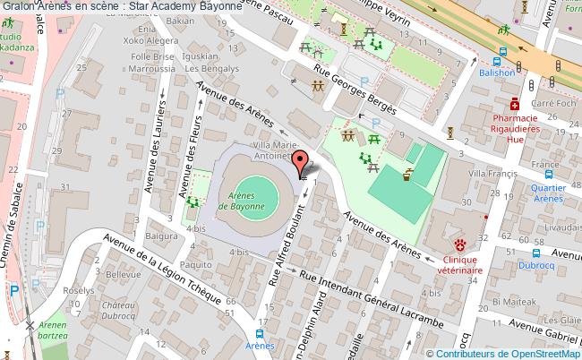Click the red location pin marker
coord(302,161)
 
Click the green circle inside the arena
coord(257,190)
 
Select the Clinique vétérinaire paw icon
coord(459,244)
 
